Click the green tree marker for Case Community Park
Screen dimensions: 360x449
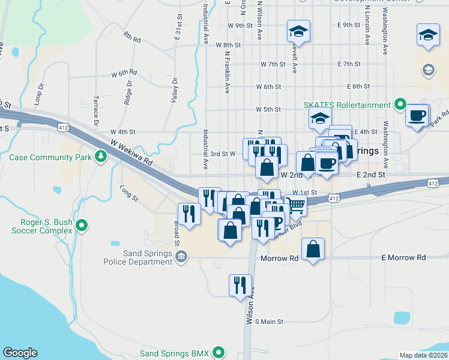pyautogui.click(x=101, y=158)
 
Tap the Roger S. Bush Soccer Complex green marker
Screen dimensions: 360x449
pyautogui.click(x=83, y=226)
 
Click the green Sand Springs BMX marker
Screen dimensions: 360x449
pyautogui.click(x=220, y=353)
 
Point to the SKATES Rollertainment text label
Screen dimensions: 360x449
pyautogui.click(x=347, y=105)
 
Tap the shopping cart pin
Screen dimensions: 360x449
pyautogui.click(x=297, y=205)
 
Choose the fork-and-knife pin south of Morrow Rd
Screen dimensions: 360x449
pyautogui.click(x=240, y=284)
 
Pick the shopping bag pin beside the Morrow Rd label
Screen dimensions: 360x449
pyautogui.click(x=313, y=248)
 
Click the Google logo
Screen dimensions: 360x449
pyautogui.click(x=20, y=353)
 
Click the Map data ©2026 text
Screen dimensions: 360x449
pyautogui.click(x=423, y=355)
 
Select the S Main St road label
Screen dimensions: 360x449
pyautogui.click(x=269, y=322)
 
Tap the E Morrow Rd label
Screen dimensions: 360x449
pyautogui.click(x=403, y=257)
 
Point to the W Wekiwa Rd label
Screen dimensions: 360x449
pyautogui.click(x=131, y=152)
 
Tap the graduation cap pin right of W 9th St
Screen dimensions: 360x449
pyautogui.click(x=298, y=31)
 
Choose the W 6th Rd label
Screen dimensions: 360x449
pyautogui.click(x=124, y=73)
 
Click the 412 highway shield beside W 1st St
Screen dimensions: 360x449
pyautogui.click(x=334, y=198)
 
